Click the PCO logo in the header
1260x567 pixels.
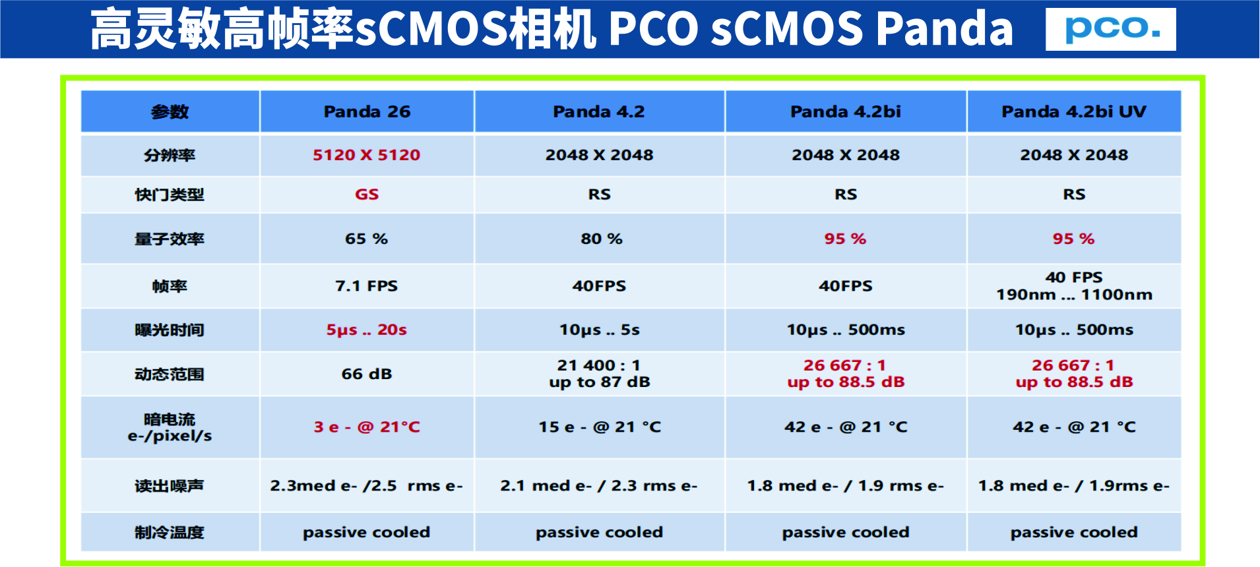(1111, 29)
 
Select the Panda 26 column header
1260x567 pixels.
(367, 111)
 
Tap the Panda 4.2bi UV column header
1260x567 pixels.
(1074, 111)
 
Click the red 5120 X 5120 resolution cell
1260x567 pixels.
(367, 155)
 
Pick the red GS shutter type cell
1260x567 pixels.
(367, 194)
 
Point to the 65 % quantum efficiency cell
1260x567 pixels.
(367, 239)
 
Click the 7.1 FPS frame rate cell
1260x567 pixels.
(367, 286)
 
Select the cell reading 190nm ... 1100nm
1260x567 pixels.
(1074, 295)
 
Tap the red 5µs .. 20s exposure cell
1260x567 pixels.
(367, 330)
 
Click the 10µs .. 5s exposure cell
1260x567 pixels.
(600, 330)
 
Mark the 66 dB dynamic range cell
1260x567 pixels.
(367, 374)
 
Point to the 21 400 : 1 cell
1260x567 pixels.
(599, 365)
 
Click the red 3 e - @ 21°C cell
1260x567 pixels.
(367, 427)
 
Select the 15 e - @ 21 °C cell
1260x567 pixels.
(600, 427)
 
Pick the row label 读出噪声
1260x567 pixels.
(170, 486)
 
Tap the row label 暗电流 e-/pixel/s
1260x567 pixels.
(170, 427)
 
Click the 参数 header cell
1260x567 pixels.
(170, 112)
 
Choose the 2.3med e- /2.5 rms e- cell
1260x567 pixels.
(367, 486)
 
